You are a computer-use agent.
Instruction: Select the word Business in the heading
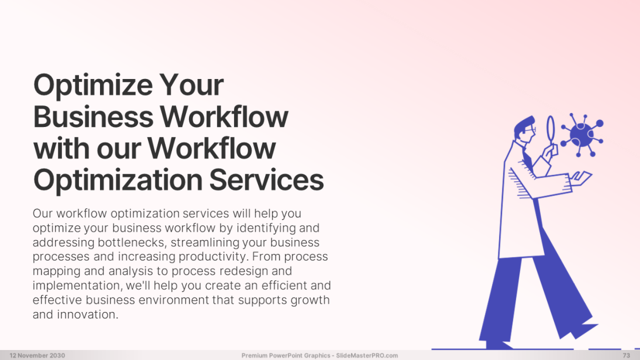pyautogui.click(x=93, y=117)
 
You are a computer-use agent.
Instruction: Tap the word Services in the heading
pyautogui.click(x=267, y=180)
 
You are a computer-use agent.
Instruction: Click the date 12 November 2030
pyautogui.click(x=37, y=355)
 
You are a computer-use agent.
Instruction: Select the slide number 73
pyautogui.click(x=626, y=355)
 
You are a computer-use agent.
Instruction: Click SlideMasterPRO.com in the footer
pyautogui.click(x=367, y=355)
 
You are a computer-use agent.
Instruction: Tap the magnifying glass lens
pyautogui.click(x=550, y=128)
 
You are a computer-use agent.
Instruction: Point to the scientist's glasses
pyautogui.click(x=531, y=129)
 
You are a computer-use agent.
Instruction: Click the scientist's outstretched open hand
pyautogui.click(x=581, y=178)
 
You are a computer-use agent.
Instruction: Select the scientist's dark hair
pyautogui.click(x=523, y=125)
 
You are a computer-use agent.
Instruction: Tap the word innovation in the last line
pyautogui.click(x=87, y=314)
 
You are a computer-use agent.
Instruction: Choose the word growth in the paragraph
pyautogui.click(x=310, y=300)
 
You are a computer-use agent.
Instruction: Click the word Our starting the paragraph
pyautogui.click(x=43, y=213)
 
